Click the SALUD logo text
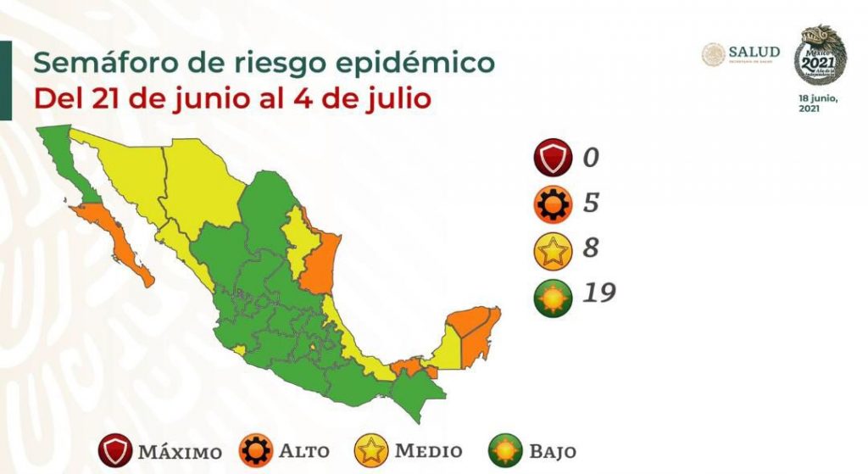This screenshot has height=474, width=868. pos(753,53)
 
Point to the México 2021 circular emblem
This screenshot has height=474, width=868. pos(820,54)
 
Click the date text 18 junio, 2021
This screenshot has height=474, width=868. pos(819,103)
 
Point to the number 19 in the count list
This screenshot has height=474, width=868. pos(598,293)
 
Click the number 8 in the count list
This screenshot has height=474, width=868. pos(592,248)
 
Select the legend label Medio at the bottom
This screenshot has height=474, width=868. pos(428,451)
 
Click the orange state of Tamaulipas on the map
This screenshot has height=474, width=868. pos(320,263)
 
